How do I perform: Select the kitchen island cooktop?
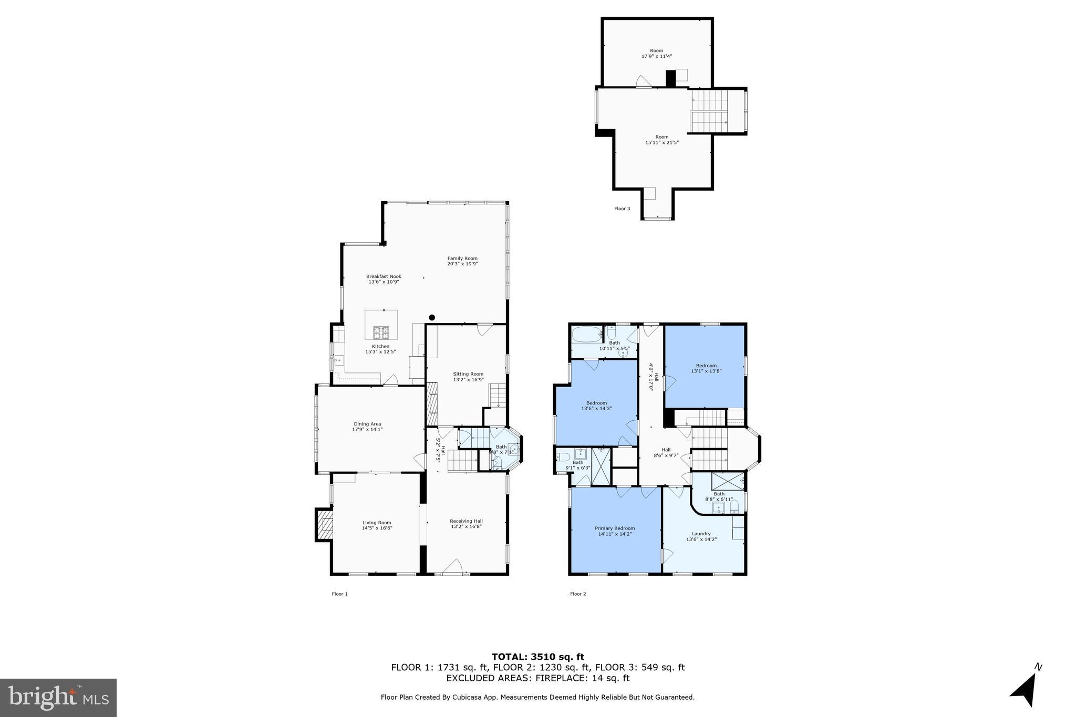[x=381, y=332]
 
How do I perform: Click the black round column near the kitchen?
[x=432, y=317]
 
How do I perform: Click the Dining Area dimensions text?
[x=367, y=430]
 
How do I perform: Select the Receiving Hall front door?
[x=452, y=568]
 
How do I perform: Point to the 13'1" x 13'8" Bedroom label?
[x=706, y=368]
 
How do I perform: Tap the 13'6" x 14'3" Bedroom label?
[x=596, y=406]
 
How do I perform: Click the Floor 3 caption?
[x=622, y=209]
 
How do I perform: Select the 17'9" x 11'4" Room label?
[x=657, y=53]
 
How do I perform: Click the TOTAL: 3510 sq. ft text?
[x=537, y=657]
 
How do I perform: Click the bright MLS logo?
[x=58, y=697]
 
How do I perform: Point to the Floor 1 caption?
[x=339, y=594]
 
